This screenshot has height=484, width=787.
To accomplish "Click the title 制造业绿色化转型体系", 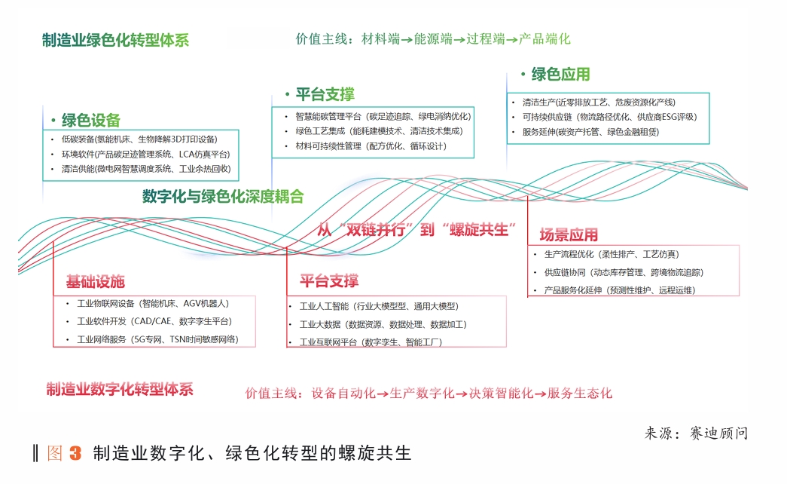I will tap(115, 41).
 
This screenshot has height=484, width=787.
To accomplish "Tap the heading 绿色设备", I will tap(91, 121).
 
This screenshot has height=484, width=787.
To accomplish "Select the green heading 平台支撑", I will tap(324, 95).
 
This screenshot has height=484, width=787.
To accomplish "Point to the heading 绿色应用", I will tap(560, 75).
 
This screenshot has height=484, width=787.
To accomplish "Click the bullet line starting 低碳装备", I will tap(139, 139).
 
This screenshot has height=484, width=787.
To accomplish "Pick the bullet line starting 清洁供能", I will tap(146, 169).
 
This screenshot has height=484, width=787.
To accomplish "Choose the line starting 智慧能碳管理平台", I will tap(382, 117).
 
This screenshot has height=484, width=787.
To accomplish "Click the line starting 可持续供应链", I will tap(609, 117).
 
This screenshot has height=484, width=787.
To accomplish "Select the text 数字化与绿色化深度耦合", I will tap(223, 197).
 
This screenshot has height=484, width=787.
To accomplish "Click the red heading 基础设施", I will tap(95, 282).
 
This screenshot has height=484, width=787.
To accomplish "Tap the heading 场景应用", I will tap(569, 234).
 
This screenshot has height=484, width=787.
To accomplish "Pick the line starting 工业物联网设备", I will tap(152, 303).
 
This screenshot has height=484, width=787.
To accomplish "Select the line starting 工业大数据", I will tap(383, 324).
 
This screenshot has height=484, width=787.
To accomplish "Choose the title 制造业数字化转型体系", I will tap(120, 389).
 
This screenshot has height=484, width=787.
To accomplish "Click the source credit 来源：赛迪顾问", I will tap(697, 433).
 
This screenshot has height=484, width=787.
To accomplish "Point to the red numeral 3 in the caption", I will tap(75, 454).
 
